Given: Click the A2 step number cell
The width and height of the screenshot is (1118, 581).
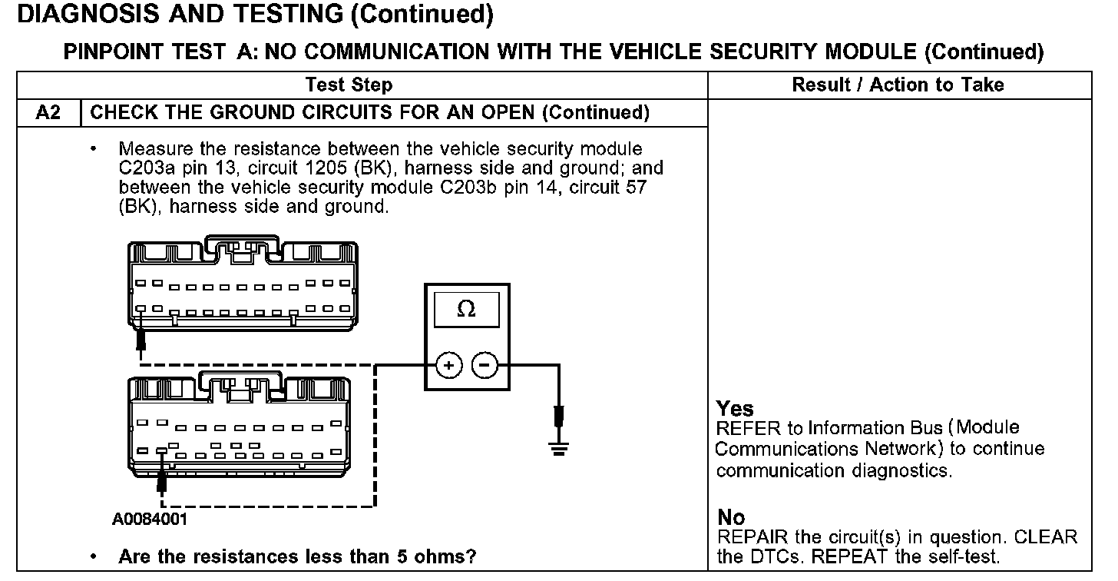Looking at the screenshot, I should (x=48, y=113).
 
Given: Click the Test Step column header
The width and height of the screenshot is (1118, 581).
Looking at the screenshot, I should (x=349, y=85).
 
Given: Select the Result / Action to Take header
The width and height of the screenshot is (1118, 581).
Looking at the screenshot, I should (x=898, y=85).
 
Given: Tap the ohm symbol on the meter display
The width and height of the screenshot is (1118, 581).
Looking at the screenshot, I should (x=465, y=309).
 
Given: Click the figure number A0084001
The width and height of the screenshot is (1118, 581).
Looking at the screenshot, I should (x=149, y=519).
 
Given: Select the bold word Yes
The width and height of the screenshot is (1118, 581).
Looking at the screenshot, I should (x=735, y=409).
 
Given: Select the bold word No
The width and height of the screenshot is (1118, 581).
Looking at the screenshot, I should (x=731, y=517).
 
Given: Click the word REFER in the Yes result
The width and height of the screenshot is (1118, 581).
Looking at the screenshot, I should (x=741, y=428).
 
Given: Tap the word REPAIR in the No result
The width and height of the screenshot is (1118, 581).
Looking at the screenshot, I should (x=745, y=536).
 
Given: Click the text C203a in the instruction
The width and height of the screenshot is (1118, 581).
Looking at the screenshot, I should (x=137, y=168).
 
